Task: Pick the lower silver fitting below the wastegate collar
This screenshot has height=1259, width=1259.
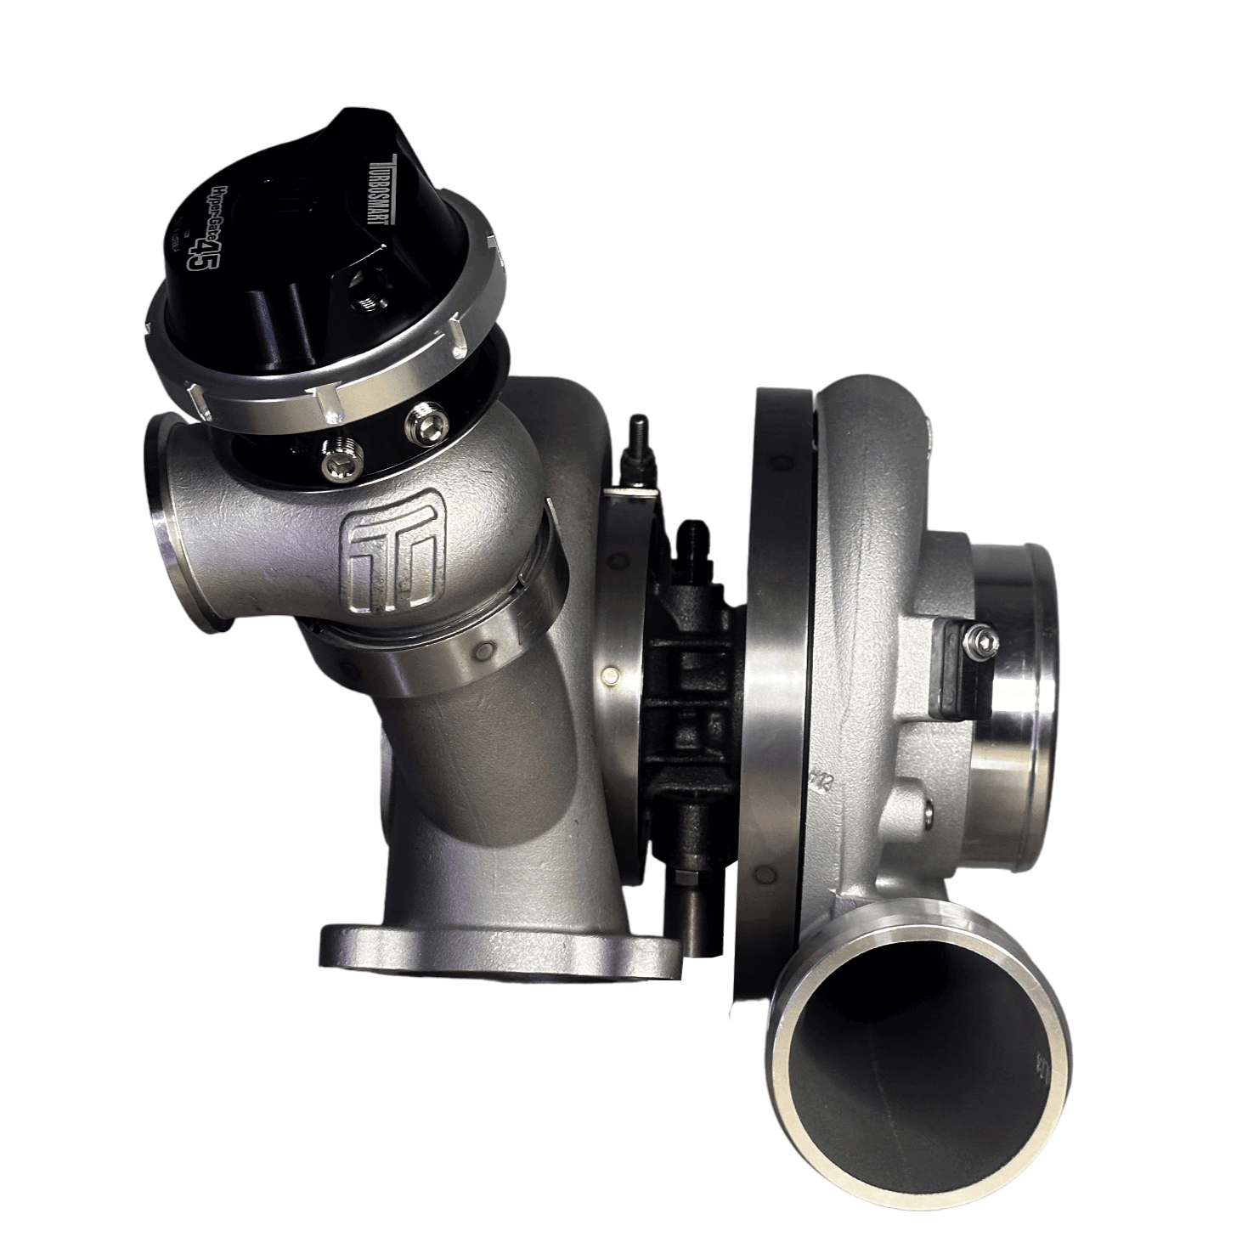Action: click(x=336, y=460)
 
